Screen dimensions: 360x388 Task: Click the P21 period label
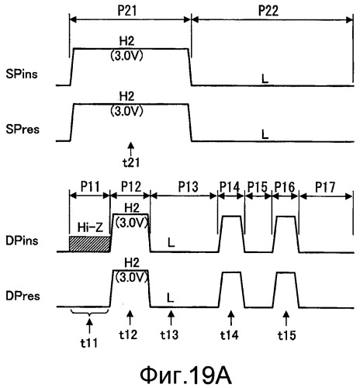click(x=127, y=11)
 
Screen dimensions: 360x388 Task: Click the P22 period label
click(x=268, y=11)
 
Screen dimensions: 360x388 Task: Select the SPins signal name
click(x=22, y=74)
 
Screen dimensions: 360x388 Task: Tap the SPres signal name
click(x=22, y=130)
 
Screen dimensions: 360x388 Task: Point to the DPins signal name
click(x=22, y=241)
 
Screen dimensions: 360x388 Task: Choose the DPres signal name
click(x=22, y=296)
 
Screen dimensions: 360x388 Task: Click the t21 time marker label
click(x=131, y=162)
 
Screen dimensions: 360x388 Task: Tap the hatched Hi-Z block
click(x=90, y=244)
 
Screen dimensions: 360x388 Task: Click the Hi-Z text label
click(x=90, y=227)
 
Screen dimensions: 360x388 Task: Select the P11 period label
click(x=90, y=186)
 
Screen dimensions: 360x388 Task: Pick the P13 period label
click(x=188, y=186)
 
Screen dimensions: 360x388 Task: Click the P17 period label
click(x=325, y=187)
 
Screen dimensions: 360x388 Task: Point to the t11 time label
click(x=89, y=343)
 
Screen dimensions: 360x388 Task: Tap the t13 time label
click(x=169, y=334)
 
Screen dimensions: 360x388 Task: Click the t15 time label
click(x=287, y=335)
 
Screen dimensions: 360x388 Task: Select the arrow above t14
click(x=231, y=318)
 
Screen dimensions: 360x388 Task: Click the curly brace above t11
click(x=89, y=313)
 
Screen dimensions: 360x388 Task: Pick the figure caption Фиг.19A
click(x=185, y=376)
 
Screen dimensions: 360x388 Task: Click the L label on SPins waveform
click(x=265, y=79)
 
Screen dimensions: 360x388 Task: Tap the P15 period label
click(x=258, y=186)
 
